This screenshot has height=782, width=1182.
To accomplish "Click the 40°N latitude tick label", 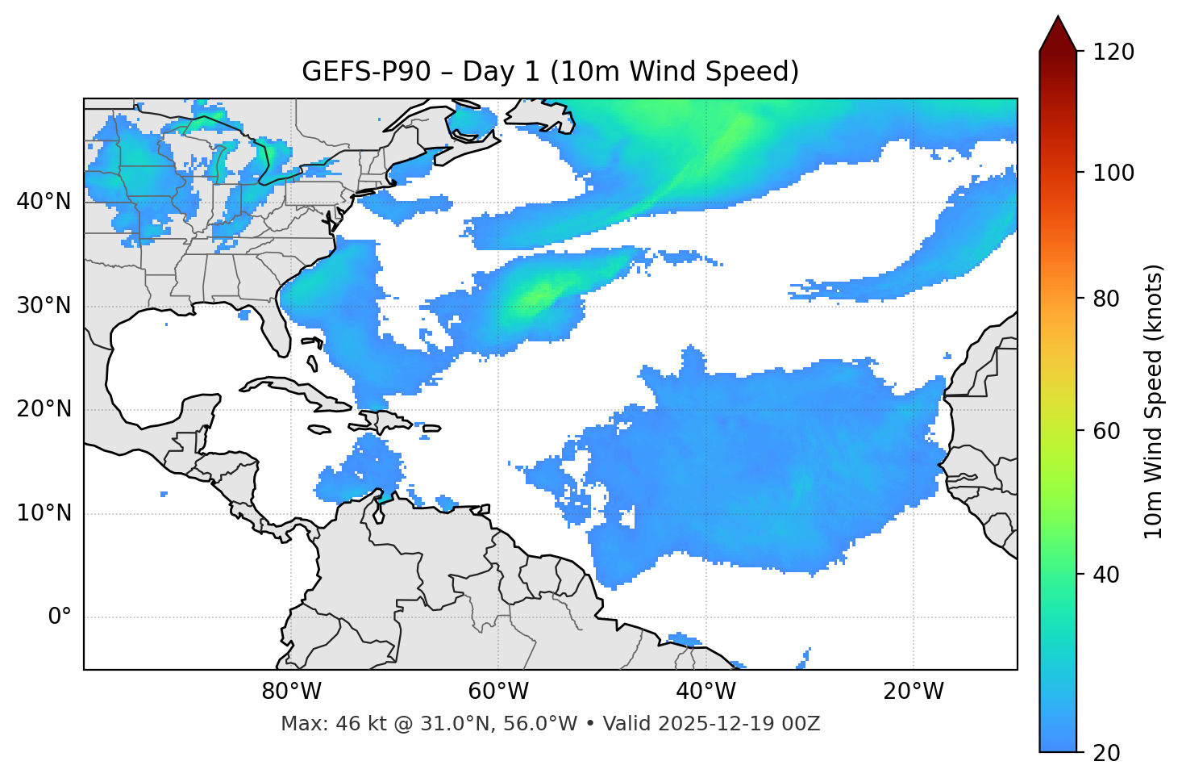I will point(44,202).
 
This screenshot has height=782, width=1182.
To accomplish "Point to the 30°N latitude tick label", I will point(44,306).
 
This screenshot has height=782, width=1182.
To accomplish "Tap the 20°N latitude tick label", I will point(44,410).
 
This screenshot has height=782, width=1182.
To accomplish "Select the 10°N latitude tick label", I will point(44,513).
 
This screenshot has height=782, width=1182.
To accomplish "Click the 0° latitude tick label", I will point(60,617).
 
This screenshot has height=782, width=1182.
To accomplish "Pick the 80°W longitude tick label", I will point(291,692).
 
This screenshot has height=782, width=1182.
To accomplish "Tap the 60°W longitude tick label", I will point(498,692).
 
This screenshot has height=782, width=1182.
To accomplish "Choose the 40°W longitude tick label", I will point(705,692).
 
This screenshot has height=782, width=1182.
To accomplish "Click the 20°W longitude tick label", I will point(913,692).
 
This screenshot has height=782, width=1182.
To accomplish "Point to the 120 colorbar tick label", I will point(1113,52).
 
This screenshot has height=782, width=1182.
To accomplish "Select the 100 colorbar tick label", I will point(1113,173).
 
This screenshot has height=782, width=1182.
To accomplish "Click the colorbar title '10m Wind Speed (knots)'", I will point(1154,401).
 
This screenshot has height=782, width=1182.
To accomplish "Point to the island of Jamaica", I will point(319,429).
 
